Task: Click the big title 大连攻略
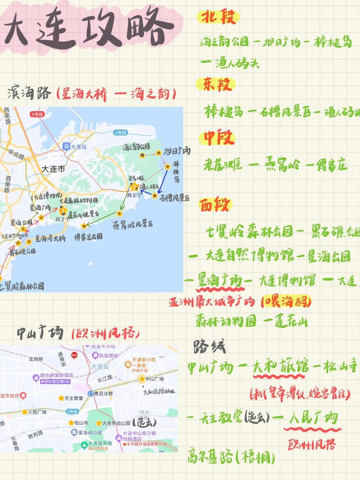pos(88,28)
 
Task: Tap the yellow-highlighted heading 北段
pos(218,17)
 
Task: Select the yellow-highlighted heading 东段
pos(217,84)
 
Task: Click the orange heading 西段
pos(215,204)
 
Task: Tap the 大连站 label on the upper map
pos(78,147)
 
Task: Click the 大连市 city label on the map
pos(53,169)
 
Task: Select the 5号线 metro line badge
pos(37,114)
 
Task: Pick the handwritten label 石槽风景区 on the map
pos(174,198)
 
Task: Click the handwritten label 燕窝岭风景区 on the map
pos(132,224)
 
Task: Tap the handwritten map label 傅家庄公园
pos(88,237)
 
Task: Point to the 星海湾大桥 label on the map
pos(50,238)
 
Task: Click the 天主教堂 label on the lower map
pos(74,398)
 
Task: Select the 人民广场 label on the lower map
pos(37,412)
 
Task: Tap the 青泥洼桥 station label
pos(103,394)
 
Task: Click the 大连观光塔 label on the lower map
pos(100,444)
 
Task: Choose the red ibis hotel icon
pos(74,355)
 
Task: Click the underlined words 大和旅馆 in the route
pos(280,367)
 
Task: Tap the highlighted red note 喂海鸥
pos(287,302)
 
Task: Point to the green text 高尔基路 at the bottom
pos(210,456)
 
